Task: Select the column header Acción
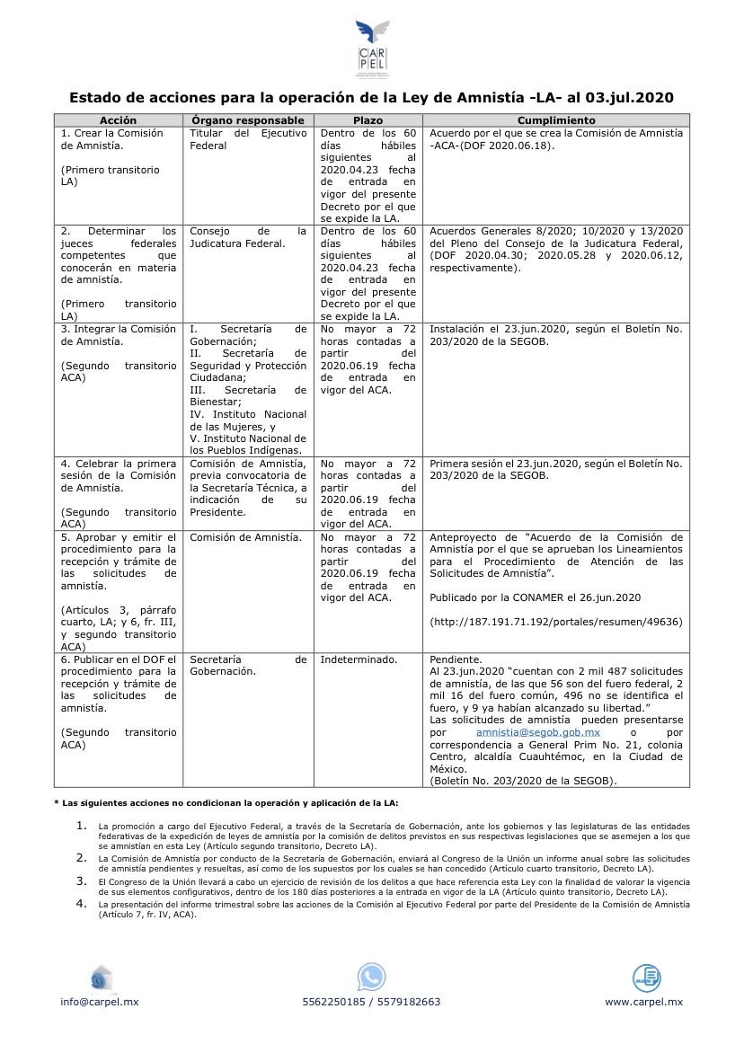point(118,119)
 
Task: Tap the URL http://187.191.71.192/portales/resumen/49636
point(556,621)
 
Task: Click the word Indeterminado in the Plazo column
point(359,659)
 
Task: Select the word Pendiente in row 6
point(456,659)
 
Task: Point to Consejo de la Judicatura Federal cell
point(247,236)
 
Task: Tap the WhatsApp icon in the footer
point(371,977)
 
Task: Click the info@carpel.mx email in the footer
point(100,1002)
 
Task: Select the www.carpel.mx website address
point(643,1002)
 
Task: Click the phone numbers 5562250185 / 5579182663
point(371,1002)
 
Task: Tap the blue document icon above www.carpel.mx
point(645,977)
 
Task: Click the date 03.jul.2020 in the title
point(628,97)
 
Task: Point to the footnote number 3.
point(82,881)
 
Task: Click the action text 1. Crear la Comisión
point(112,133)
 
